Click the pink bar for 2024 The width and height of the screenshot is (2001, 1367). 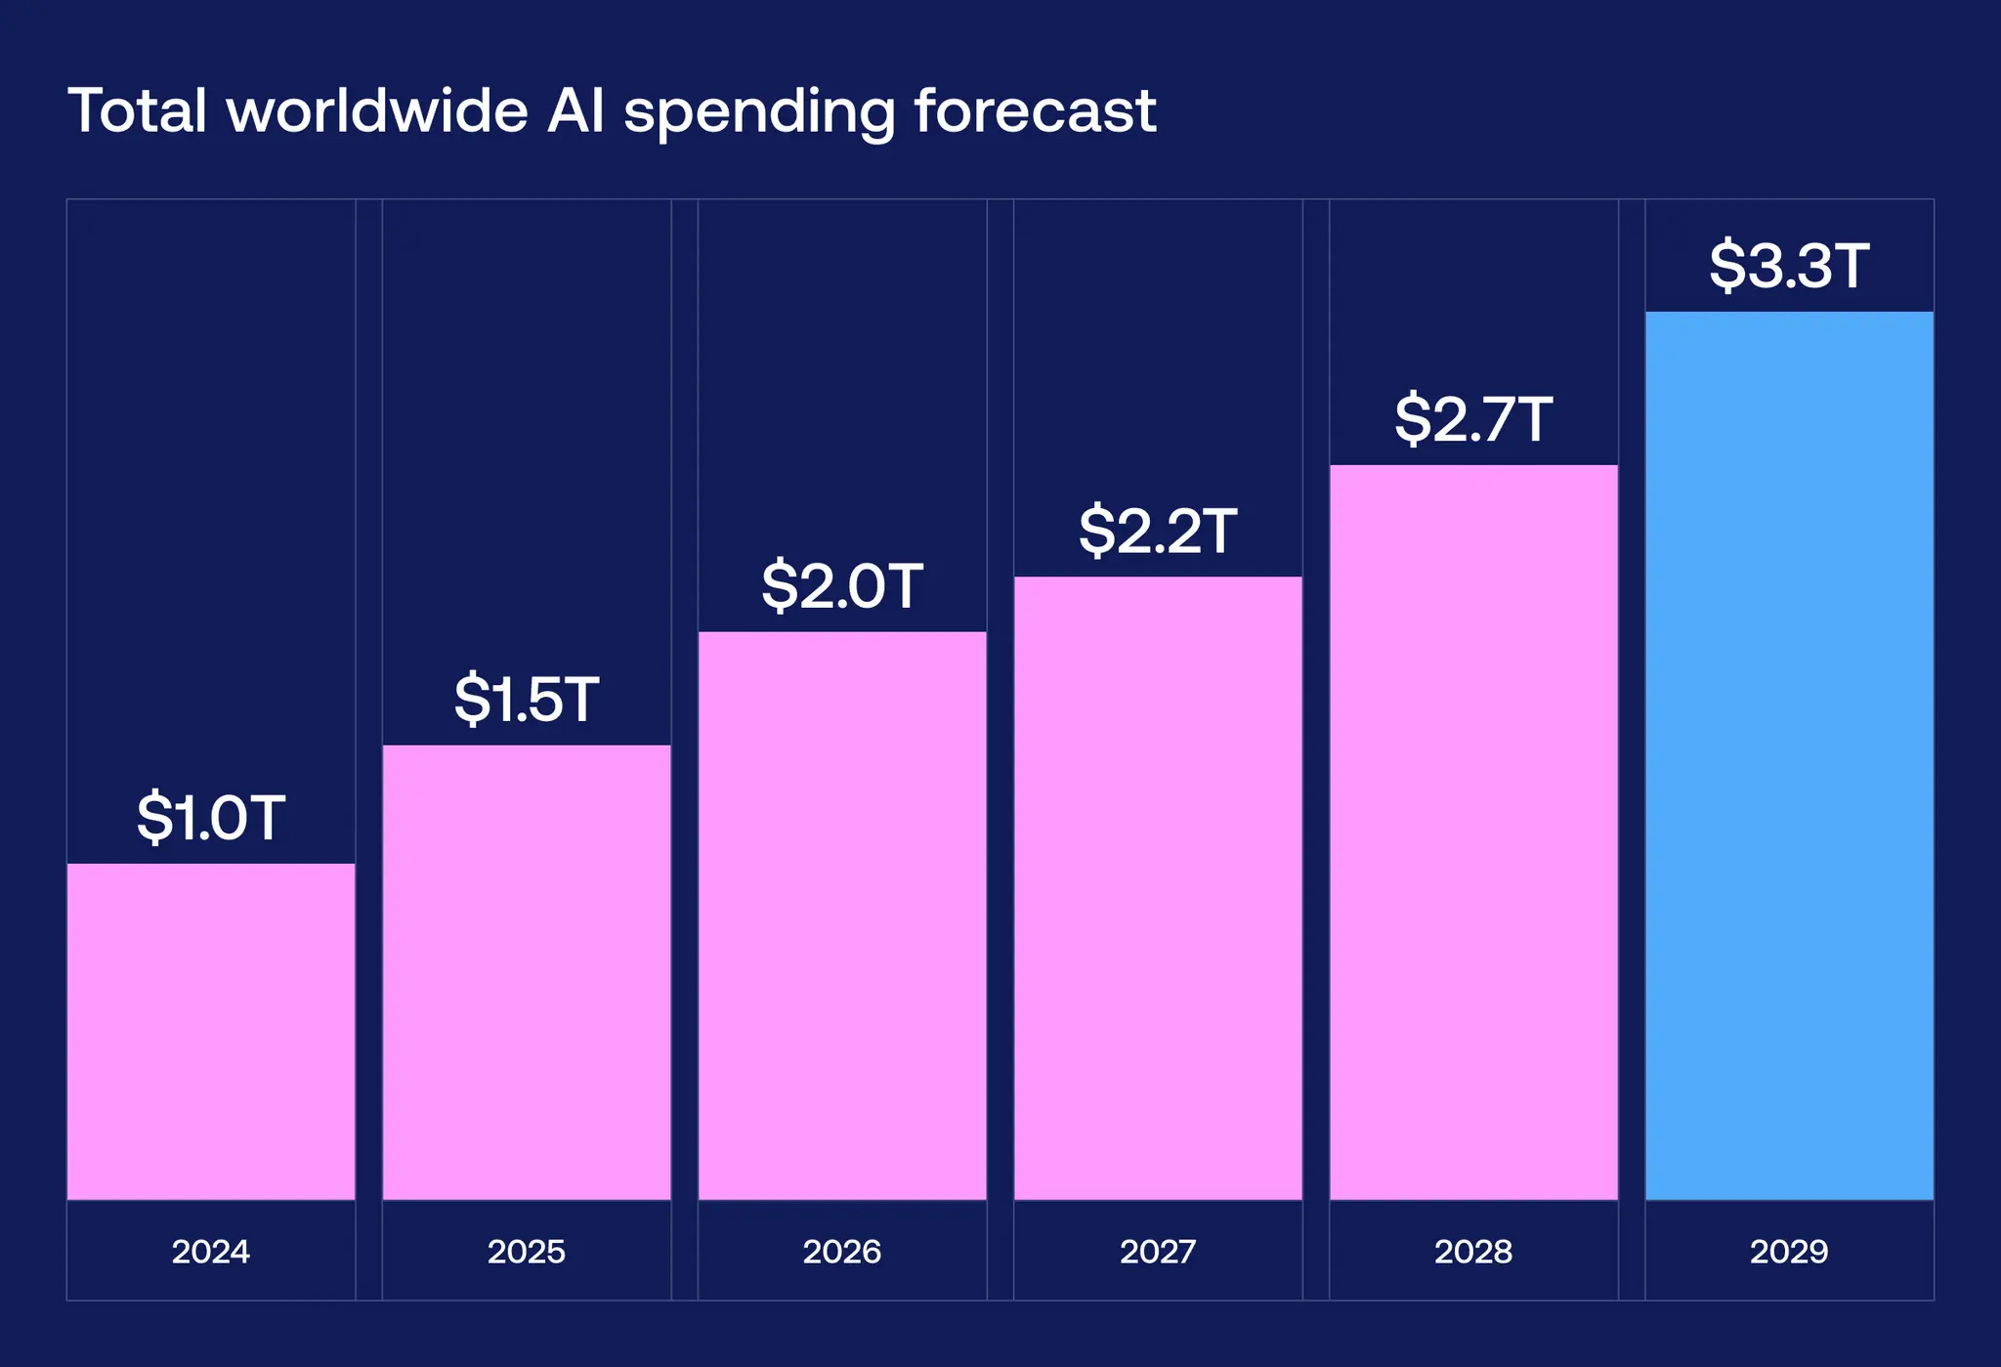pyautogui.click(x=211, y=1031)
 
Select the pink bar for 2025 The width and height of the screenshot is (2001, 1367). pyautogui.click(x=527, y=972)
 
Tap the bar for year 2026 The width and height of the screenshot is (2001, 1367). pyautogui.click(x=842, y=916)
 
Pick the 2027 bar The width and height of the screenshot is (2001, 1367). pyautogui.click(x=1158, y=887)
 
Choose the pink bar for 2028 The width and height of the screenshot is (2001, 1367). pyautogui.click(x=1473, y=832)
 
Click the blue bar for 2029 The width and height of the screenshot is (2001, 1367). pyautogui.click(x=1789, y=755)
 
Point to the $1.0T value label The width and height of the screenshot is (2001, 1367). pyautogui.click(x=211, y=818)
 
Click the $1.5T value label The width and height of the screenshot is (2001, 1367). pyautogui.click(x=527, y=700)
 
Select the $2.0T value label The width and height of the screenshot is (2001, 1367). pyautogui.click(x=842, y=586)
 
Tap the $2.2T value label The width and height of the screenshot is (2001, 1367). pyautogui.click(x=1158, y=532)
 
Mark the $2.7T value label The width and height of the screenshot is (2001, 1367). pyautogui.click(x=1473, y=419)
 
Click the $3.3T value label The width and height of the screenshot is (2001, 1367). pyautogui.click(x=1789, y=266)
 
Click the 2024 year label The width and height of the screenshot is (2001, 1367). pyautogui.click(x=211, y=1252)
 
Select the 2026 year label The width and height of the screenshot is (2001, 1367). pyautogui.click(x=842, y=1252)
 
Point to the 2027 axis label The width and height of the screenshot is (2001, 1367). pyautogui.click(x=1158, y=1252)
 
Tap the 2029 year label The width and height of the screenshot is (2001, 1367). pyautogui.click(x=1789, y=1252)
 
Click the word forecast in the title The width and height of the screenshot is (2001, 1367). pyautogui.click(x=1036, y=110)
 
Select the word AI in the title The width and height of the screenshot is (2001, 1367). pyautogui.click(x=576, y=110)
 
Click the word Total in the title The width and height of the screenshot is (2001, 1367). pyautogui.click(x=138, y=110)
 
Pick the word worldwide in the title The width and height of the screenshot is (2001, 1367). pyautogui.click(x=377, y=110)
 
